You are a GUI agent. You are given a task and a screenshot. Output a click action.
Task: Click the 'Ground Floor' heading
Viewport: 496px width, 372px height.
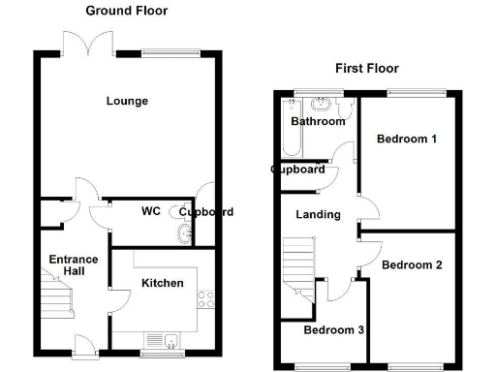[x=126, y=11]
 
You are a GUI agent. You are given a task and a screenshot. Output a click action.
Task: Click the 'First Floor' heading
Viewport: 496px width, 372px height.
[x=366, y=68]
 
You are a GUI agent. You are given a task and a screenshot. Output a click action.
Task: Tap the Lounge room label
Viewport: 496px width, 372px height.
[x=127, y=101]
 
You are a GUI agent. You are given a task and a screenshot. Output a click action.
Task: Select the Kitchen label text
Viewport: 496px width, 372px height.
[x=162, y=283]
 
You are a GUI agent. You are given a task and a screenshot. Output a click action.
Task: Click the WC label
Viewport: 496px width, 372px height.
[x=150, y=210]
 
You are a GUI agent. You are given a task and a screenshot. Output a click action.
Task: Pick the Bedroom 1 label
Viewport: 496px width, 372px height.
[x=407, y=139]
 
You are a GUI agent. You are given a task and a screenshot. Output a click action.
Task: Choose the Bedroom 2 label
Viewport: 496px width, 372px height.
[x=412, y=264]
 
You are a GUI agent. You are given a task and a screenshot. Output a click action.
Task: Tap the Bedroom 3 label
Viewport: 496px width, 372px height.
[x=333, y=330]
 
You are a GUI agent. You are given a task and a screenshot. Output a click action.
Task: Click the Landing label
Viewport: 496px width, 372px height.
[x=318, y=214]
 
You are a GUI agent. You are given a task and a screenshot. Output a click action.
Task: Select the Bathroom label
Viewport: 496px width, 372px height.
[x=318, y=122]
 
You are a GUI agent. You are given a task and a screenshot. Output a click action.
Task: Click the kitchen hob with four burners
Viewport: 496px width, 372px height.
[x=205, y=297]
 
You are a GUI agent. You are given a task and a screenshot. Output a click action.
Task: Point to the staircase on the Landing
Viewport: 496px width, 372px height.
[x=299, y=271]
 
